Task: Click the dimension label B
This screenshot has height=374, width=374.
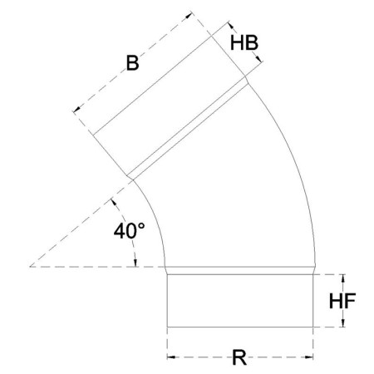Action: click(131, 62)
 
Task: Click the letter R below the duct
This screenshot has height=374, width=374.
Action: click(239, 359)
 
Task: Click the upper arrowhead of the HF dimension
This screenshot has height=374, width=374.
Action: click(339, 276)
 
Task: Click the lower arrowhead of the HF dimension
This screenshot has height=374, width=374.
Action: click(339, 324)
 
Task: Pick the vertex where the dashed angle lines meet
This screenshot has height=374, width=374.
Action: click(31, 267)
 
